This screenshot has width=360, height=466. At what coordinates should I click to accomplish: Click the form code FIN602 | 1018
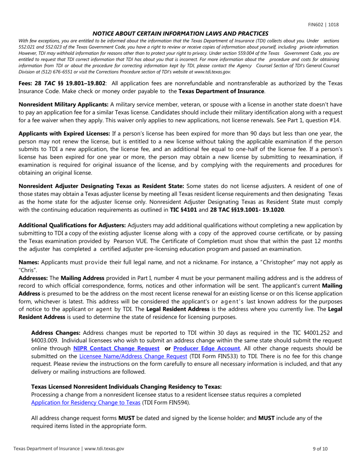tap(323, 25)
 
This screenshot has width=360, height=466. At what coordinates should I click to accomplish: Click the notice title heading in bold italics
tap(180, 33)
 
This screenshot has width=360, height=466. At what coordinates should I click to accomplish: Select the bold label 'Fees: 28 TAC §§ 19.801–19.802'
tap(62, 83)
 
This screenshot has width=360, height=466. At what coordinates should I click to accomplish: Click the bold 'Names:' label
tap(29, 262)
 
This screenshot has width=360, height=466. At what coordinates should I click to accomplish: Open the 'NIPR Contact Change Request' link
tap(116, 348)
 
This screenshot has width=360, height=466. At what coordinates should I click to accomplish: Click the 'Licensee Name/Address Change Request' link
tap(133, 356)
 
